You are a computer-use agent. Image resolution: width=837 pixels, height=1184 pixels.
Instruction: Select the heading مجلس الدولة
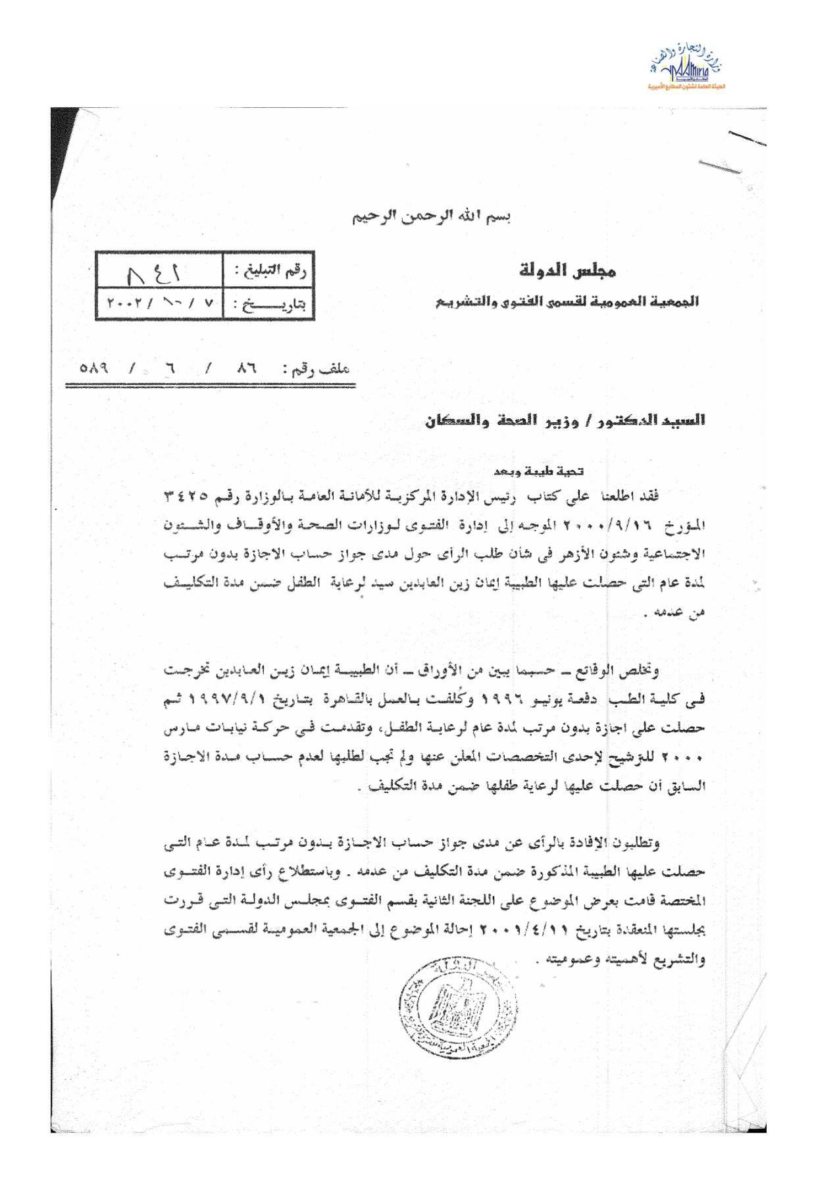[567, 270]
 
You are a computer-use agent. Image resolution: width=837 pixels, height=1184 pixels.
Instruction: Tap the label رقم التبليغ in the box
[269, 270]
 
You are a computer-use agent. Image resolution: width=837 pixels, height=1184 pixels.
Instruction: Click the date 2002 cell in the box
[159, 305]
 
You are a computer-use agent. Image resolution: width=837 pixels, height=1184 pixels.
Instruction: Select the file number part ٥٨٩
[94, 368]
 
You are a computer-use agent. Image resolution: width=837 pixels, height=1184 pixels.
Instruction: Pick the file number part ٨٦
[246, 368]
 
